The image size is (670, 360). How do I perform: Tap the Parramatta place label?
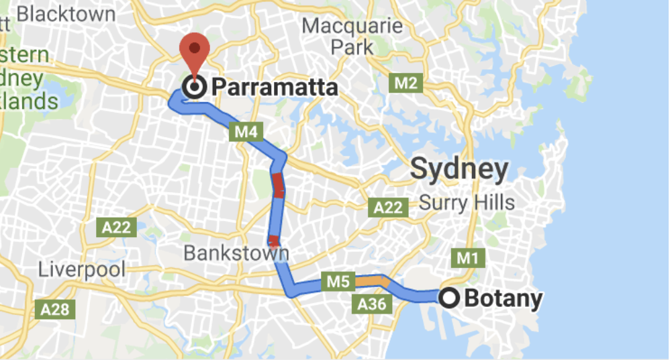click(x=273, y=88)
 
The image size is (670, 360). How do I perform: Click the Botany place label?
click(x=503, y=298)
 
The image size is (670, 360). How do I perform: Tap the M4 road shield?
click(x=246, y=132)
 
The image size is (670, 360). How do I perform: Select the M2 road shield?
click(x=405, y=83)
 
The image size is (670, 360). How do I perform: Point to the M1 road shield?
click(x=469, y=258)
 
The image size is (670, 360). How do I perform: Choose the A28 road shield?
click(x=54, y=310)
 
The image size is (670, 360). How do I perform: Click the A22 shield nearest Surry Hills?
click(x=387, y=208)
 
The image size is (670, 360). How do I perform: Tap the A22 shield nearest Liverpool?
click(x=117, y=228)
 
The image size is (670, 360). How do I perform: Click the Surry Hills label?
click(x=467, y=201)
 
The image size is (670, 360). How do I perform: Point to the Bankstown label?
click(x=236, y=254)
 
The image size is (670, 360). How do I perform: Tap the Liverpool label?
click(x=81, y=270)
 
